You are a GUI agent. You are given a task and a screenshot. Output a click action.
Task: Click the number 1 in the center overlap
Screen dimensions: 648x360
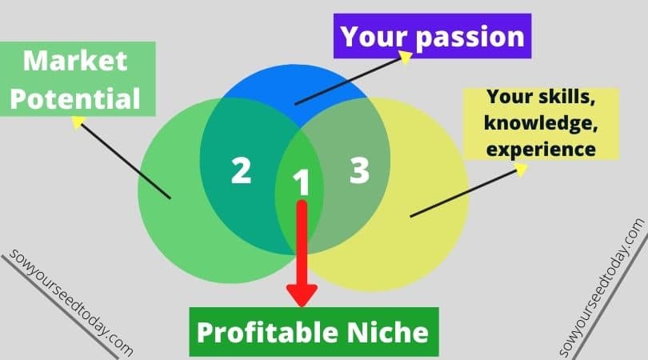[x=302, y=182]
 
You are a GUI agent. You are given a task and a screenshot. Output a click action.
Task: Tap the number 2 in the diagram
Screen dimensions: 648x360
[x=242, y=170]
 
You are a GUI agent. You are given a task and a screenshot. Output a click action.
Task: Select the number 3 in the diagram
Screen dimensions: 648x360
[x=359, y=170]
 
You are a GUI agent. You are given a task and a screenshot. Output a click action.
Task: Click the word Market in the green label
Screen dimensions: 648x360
[x=75, y=61]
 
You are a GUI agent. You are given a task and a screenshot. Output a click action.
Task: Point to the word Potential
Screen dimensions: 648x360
[x=75, y=98]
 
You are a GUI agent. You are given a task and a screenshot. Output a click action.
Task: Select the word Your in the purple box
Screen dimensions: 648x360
[x=375, y=36]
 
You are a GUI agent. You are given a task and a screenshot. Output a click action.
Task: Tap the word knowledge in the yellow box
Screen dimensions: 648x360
[x=541, y=123]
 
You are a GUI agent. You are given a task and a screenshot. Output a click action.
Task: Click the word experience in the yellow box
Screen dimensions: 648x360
[x=541, y=150]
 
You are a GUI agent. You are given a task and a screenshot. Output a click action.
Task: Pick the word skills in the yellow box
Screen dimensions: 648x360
[x=567, y=97]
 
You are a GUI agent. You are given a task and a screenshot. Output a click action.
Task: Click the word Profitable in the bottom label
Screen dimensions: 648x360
[x=267, y=332]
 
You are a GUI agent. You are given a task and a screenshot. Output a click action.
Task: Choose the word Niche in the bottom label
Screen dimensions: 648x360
[x=387, y=332]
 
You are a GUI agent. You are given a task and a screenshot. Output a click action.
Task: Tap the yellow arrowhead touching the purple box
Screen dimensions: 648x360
[x=406, y=57]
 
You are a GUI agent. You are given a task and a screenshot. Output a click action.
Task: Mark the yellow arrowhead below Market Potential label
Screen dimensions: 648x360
[x=78, y=122]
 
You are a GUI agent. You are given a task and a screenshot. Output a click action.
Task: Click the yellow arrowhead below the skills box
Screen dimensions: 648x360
[x=521, y=170]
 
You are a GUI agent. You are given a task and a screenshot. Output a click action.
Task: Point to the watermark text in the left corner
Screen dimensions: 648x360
[x=70, y=302]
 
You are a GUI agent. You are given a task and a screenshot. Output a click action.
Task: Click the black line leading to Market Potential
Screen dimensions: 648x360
[x=126, y=161]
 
